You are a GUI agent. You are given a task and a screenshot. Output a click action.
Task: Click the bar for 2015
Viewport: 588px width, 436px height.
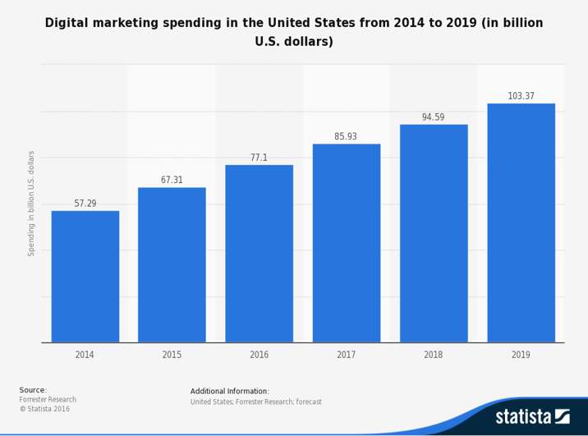172,264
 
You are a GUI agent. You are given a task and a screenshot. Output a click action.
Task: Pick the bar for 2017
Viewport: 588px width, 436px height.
346,243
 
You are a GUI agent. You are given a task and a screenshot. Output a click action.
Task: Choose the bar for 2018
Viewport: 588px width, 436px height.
434,233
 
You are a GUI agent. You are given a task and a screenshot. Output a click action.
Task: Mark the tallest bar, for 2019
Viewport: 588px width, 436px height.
521,223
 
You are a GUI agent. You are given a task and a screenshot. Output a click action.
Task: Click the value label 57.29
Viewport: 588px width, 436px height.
85,204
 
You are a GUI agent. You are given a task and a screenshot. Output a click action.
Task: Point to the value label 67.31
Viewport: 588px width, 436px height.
172,180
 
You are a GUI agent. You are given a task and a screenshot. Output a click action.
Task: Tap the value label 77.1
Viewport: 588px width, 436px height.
259,158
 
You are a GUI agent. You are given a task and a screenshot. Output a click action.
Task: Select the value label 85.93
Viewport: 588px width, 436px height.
346,136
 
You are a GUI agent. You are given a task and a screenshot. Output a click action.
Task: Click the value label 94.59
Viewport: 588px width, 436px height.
434,117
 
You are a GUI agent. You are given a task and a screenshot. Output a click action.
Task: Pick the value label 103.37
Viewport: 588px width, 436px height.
521,96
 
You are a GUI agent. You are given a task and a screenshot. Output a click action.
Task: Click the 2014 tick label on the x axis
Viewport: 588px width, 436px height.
85,355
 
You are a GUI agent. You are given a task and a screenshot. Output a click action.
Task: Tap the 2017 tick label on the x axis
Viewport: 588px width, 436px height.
346,355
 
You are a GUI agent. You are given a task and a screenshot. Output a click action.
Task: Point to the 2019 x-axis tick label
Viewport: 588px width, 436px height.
521,355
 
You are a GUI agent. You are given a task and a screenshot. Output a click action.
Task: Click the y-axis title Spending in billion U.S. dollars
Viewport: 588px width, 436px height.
32,203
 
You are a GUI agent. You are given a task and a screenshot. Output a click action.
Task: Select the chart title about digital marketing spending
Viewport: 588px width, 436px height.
294,32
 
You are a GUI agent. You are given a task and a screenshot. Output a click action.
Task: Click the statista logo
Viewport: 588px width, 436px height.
532,416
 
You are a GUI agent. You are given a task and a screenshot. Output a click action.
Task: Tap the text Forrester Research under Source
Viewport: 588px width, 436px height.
48,400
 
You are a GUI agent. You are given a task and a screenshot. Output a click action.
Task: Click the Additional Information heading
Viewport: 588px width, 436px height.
230,391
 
